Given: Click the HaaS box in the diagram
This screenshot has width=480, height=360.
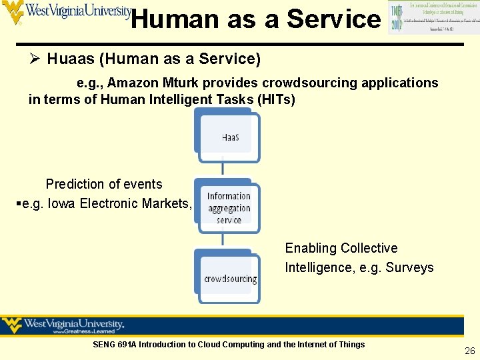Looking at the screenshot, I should click(x=230, y=137).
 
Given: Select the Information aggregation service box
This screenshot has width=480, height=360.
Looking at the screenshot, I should click(x=229, y=207).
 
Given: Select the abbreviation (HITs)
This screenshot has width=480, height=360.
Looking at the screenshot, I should click(x=273, y=99).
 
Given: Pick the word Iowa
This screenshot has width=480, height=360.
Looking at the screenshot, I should click(x=61, y=203).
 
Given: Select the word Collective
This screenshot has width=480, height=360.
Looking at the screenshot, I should click(x=369, y=248).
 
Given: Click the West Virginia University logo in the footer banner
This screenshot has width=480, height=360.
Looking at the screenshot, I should click(x=64, y=326).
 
